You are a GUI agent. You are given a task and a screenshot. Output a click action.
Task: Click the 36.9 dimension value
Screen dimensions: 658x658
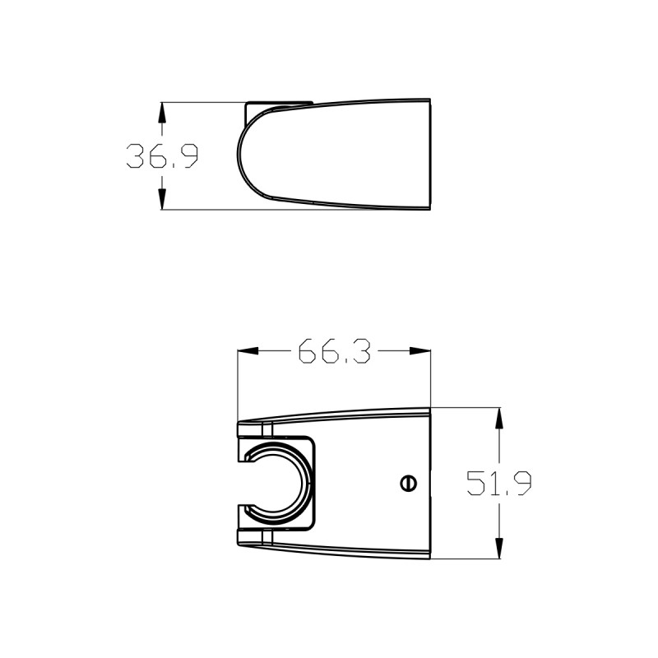[x=162, y=155]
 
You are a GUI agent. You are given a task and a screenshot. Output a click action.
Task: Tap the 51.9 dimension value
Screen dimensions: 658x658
[x=498, y=483]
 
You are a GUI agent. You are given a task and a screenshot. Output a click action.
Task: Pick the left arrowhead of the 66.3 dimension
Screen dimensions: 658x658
[x=248, y=351]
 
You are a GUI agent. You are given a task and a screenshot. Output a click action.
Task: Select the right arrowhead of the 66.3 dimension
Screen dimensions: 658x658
[x=422, y=351]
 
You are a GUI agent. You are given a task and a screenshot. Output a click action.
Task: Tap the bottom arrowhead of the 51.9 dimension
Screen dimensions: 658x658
[x=498, y=549]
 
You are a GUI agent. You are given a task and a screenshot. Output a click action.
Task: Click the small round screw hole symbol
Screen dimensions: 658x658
[x=407, y=484]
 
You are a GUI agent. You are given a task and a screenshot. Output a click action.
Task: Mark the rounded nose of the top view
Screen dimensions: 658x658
[x=241, y=155]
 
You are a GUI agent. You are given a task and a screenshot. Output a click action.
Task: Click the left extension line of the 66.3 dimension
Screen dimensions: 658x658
[x=238, y=387]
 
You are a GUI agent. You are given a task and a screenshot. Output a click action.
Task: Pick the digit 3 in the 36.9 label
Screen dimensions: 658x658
[x=137, y=155]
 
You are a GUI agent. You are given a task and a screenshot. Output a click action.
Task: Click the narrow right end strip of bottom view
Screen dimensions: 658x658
[x=429, y=484]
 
